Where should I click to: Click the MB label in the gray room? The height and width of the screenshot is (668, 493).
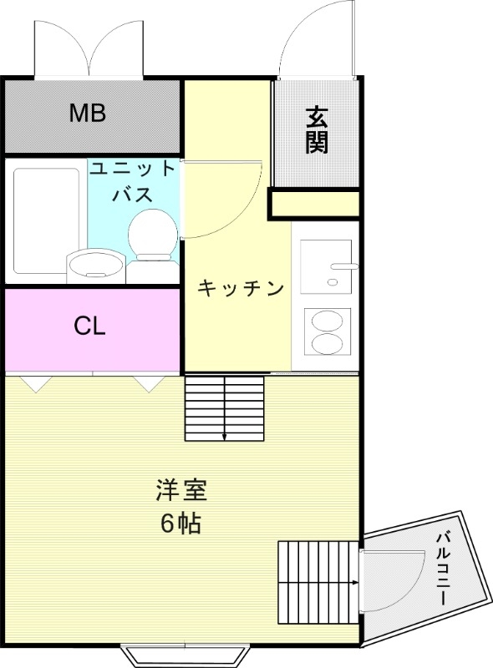pyautogui.click(x=87, y=113)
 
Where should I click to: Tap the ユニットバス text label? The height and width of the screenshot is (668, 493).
pyautogui.click(x=133, y=181)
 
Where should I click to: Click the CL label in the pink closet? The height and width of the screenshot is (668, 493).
pyautogui.click(x=89, y=326)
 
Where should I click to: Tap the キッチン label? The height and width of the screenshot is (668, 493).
pyautogui.click(x=241, y=289)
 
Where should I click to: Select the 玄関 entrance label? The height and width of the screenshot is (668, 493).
pyautogui.click(x=316, y=129)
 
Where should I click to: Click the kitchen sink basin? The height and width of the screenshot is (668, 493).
pyautogui.click(x=326, y=266)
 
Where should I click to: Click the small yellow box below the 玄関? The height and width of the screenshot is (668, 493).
pyautogui.click(x=314, y=205)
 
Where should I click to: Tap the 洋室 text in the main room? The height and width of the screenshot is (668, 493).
pyautogui.click(x=180, y=489)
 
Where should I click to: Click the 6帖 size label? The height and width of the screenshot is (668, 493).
pyautogui.click(x=180, y=524)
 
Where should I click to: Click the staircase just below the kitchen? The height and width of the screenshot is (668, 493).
pyautogui.click(x=224, y=407)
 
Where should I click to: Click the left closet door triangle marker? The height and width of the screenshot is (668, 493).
pyautogui.click(x=35, y=383)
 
